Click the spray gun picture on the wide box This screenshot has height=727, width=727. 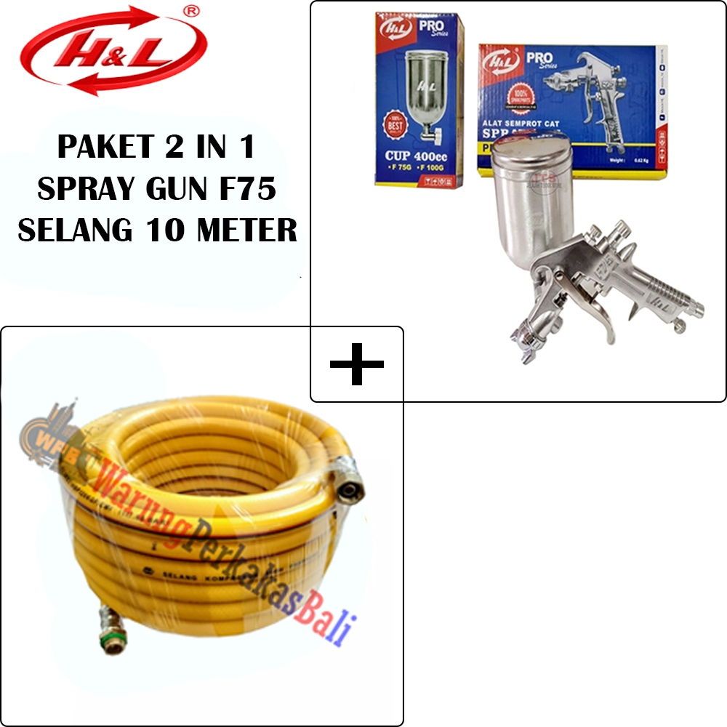596,102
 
